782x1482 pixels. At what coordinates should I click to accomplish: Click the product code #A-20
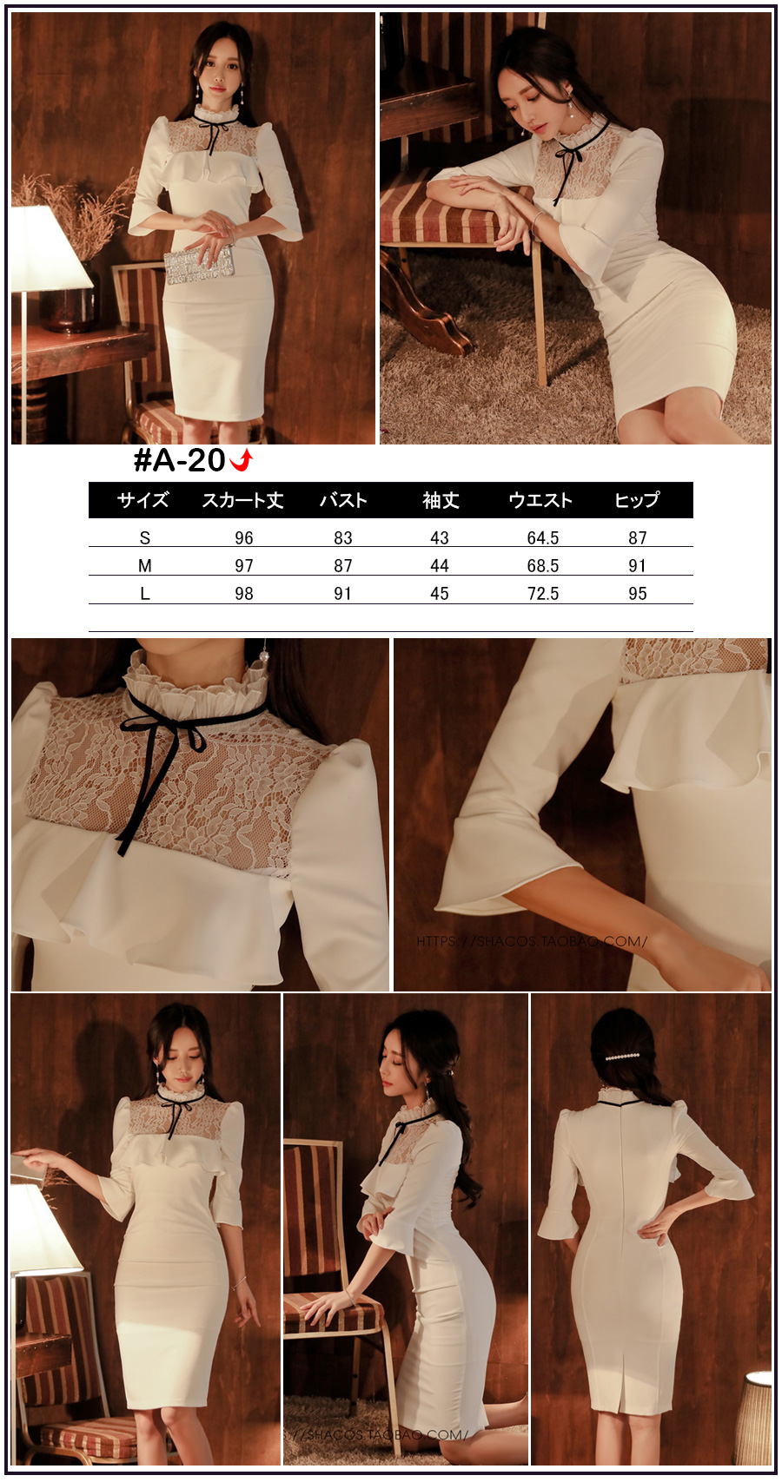click(x=180, y=460)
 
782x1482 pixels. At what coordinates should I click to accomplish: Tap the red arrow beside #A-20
click(x=242, y=460)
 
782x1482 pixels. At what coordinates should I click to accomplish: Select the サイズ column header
click(x=143, y=500)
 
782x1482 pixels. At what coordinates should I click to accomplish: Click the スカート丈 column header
click(x=243, y=500)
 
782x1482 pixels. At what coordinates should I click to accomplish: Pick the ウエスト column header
click(x=540, y=500)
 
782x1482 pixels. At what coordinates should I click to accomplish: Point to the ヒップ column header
click(x=637, y=500)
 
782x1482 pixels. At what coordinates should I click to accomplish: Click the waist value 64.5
click(x=543, y=538)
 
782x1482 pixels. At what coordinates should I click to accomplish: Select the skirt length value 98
click(x=243, y=594)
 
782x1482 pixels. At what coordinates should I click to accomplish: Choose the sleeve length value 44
click(x=439, y=566)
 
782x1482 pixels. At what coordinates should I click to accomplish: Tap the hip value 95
click(x=637, y=594)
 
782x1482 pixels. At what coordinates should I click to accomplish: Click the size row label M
click(x=145, y=566)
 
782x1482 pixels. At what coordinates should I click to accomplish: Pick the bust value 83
click(x=343, y=538)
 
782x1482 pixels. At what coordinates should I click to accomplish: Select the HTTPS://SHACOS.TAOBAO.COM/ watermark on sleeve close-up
click(x=531, y=941)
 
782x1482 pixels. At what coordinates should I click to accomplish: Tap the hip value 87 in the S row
click(x=637, y=538)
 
